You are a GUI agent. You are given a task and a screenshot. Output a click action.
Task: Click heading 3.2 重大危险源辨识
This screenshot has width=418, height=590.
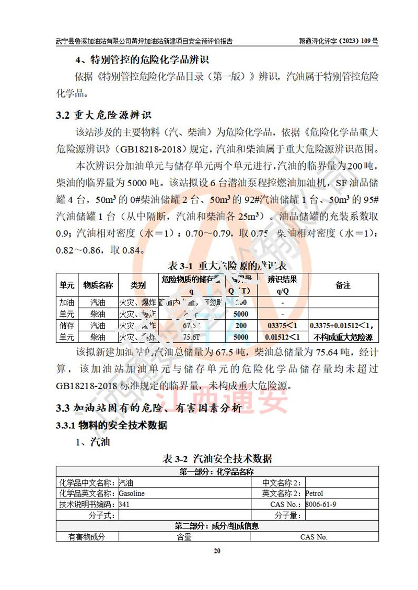tap(104, 114)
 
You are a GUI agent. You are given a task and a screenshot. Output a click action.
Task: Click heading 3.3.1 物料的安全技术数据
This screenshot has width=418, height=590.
tap(112, 426)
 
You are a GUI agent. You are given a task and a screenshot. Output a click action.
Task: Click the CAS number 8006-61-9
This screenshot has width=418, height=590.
tap(320, 504)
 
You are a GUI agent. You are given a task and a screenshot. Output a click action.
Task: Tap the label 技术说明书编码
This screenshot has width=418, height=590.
tap(87, 504)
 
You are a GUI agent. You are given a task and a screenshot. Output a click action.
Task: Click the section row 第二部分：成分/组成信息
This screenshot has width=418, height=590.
tap(217, 526)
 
